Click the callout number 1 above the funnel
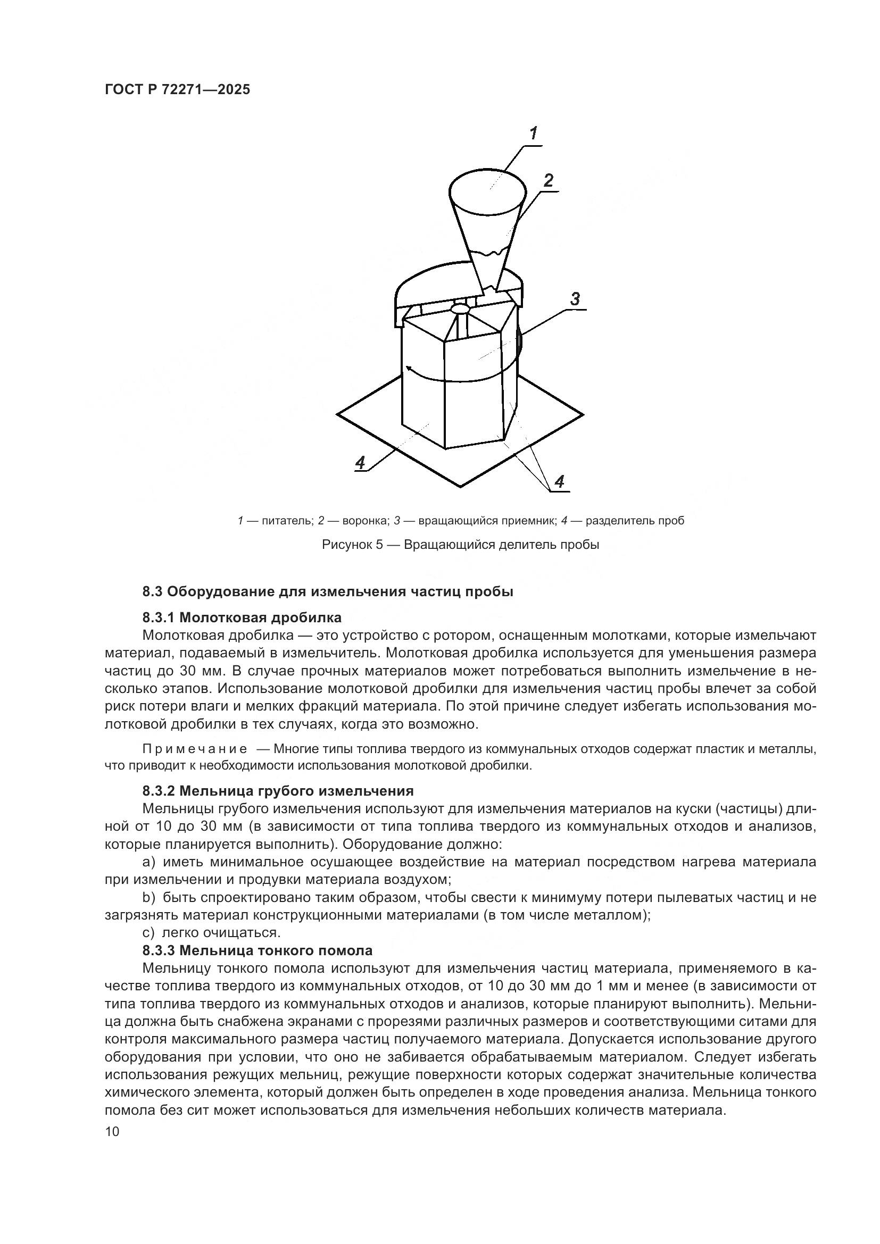pos(533,133)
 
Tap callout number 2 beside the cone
pos(549,180)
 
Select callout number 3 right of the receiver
pos(575,298)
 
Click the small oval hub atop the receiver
pos(461,308)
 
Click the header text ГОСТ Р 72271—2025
pos(177,90)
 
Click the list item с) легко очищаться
pos(211,933)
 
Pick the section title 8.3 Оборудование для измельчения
pos(327,591)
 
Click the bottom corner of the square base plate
pos(461,487)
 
